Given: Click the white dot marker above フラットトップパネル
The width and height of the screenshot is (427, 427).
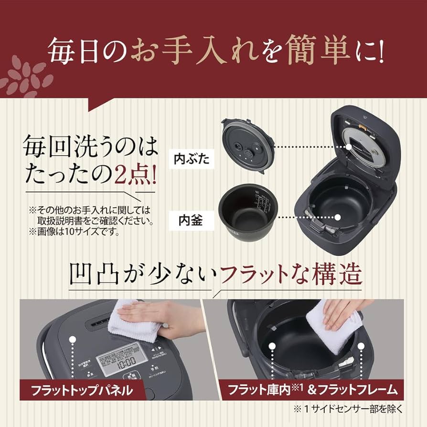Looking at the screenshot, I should click(x=73, y=340).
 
